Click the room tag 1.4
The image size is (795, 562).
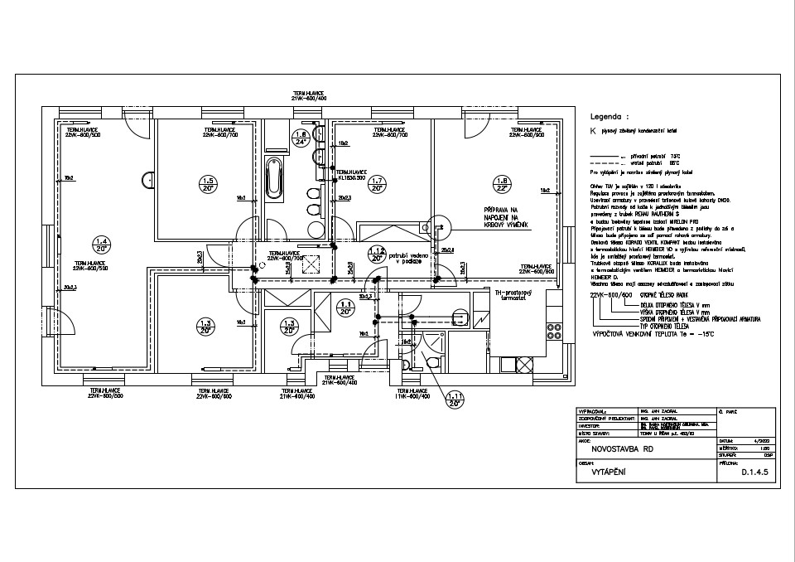point(102,245)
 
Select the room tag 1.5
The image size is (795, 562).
point(208,184)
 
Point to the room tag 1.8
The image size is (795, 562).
point(500,184)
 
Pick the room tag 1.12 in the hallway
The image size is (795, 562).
point(377,254)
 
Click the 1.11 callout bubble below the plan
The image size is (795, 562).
point(454,401)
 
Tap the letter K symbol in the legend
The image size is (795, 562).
point(592,131)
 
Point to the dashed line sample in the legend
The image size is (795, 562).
point(607,162)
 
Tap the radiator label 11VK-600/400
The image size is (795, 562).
point(412,397)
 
